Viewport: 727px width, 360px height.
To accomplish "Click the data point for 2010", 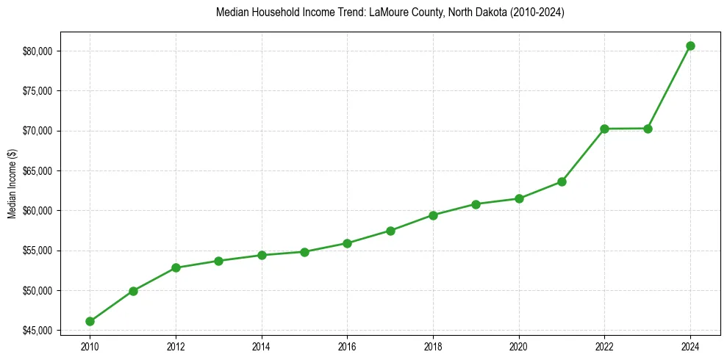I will pyautogui.click(x=90, y=321).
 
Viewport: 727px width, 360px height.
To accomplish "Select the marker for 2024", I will pyautogui.click(x=690, y=46).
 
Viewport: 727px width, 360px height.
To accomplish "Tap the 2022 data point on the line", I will pyautogui.click(x=604, y=129).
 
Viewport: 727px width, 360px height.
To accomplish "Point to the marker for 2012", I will pyautogui.click(x=176, y=267).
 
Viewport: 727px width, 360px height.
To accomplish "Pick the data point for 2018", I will pyautogui.click(x=433, y=215).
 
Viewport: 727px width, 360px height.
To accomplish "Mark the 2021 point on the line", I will pyautogui.click(x=562, y=181).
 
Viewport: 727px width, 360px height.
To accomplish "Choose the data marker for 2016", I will pyautogui.click(x=347, y=243).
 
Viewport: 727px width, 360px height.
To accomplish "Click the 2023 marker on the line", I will pyautogui.click(x=648, y=129).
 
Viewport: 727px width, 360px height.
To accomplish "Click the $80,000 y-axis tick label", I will pyautogui.click(x=40, y=51).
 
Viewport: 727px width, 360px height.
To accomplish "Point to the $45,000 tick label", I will pyautogui.click(x=40, y=331).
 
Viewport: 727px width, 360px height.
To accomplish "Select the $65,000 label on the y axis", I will pyautogui.click(x=40, y=170).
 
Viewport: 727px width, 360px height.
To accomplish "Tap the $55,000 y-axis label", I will pyautogui.click(x=40, y=251).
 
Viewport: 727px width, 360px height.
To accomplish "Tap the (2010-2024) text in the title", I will pyautogui.click(x=538, y=12).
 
